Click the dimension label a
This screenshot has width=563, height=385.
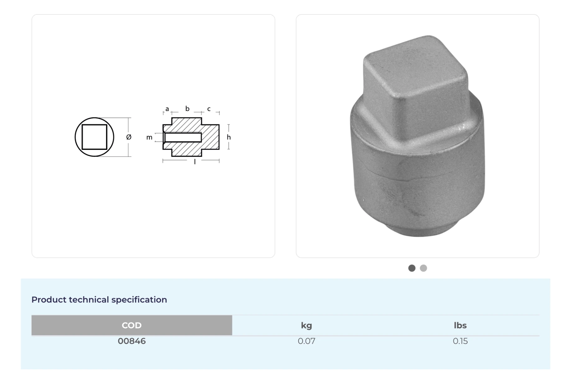click(x=167, y=109)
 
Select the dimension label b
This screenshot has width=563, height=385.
click(x=187, y=109)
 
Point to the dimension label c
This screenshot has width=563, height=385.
click(x=209, y=109)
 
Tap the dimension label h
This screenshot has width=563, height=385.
click(x=229, y=137)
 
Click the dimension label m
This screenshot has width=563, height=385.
click(x=149, y=137)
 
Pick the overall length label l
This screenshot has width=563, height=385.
click(x=195, y=162)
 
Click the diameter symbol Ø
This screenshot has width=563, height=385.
click(x=129, y=137)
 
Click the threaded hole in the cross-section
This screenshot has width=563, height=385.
click(x=183, y=137)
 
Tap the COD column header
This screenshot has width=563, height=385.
click(x=132, y=325)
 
